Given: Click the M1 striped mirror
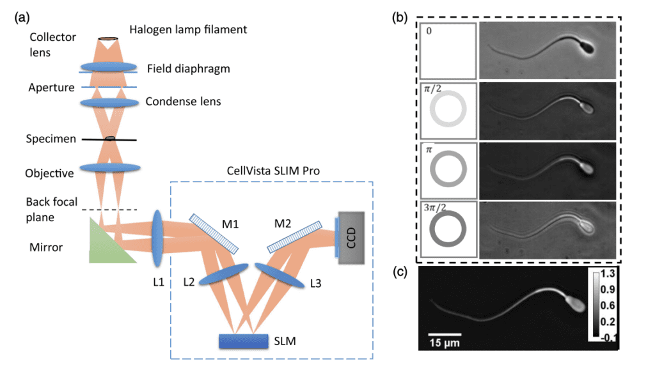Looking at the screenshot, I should pyautogui.click(x=216, y=233).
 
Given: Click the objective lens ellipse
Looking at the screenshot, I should pyautogui.click(x=110, y=168).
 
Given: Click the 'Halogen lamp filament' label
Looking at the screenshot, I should pyautogui.click(x=188, y=29).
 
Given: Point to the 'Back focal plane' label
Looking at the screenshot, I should pyautogui.click(x=52, y=210).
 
